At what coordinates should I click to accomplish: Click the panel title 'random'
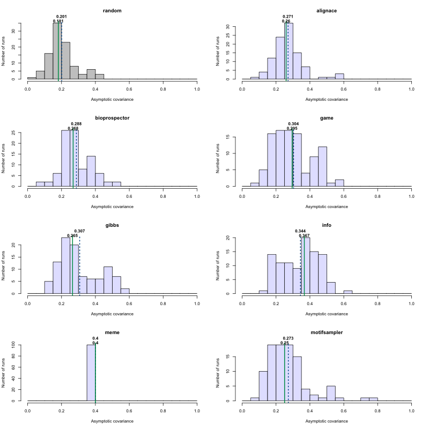pyautogui.click(x=112, y=11)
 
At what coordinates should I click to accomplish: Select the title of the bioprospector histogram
pyautogui.click(x=112, y=118)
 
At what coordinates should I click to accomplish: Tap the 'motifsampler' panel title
pyautogui.click(x=327, y=332)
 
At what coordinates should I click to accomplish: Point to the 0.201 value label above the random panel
pyautogui.click(x=61, y=17)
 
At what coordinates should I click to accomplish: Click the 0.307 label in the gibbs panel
pyautogui.click(x=79, y=231)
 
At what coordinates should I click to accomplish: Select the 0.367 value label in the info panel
pyautogui.click(x=304, y=235)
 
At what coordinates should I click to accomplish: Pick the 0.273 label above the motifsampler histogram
pyautogui.click(x=288, y=338)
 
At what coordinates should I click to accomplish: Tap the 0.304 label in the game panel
pyautogui.click(x=293, y=124)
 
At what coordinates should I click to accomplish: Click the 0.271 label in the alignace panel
pyautogui.click(x=288, y=17)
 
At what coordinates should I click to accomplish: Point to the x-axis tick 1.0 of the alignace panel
pyautogui.click(x=411, y=86)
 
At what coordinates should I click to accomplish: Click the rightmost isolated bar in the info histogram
pyautogui.click(x=348, y=292)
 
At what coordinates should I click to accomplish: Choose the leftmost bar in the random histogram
pyautogui.click(x=32, y=78)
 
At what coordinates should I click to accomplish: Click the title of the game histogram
pyautogui.click(x=327, y=118)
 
